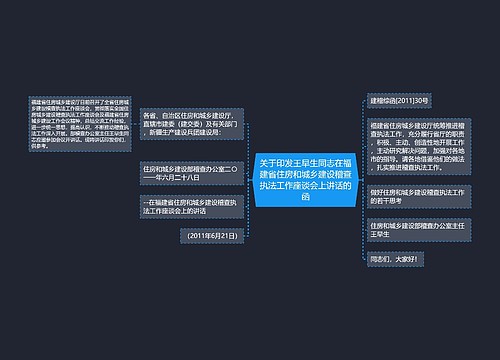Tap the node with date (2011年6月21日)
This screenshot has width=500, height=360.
coord(211,233)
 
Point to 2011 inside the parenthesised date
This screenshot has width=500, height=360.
coord(197,233)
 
